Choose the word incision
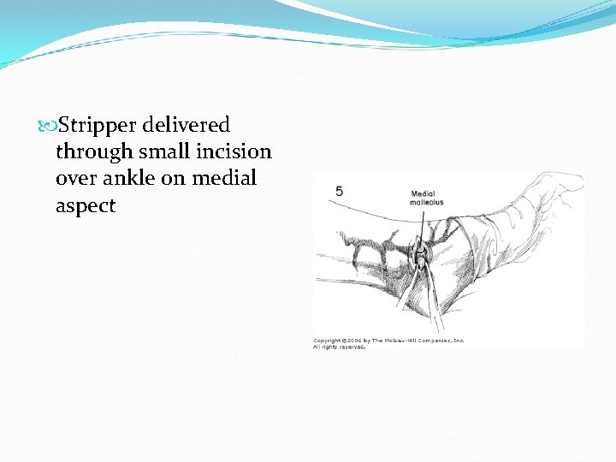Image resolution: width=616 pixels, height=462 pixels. tap(234, 152)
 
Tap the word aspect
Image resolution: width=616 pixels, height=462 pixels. tap(85, 206)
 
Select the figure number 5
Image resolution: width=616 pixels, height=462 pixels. tap(340, 192)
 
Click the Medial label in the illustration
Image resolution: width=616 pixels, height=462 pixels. tap(423, 194)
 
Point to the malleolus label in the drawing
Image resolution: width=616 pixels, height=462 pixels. tap(427, 203)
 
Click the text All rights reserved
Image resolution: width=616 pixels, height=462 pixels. tap(339, 346)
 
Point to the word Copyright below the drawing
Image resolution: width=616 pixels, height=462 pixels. tap(328, 341)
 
